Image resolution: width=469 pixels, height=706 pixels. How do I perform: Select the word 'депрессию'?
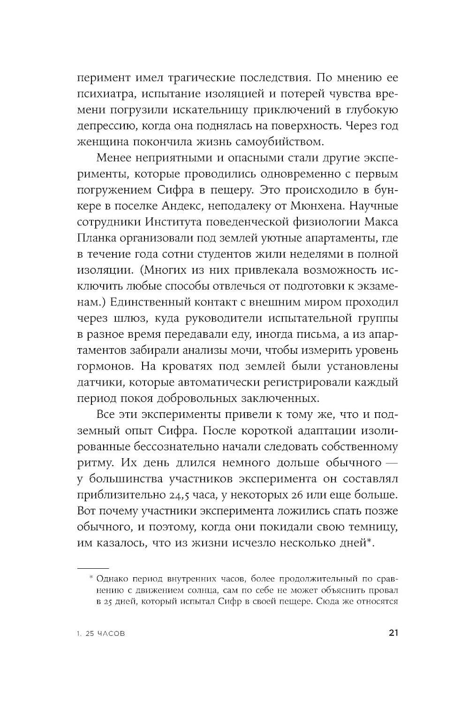(x=100, y=125)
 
